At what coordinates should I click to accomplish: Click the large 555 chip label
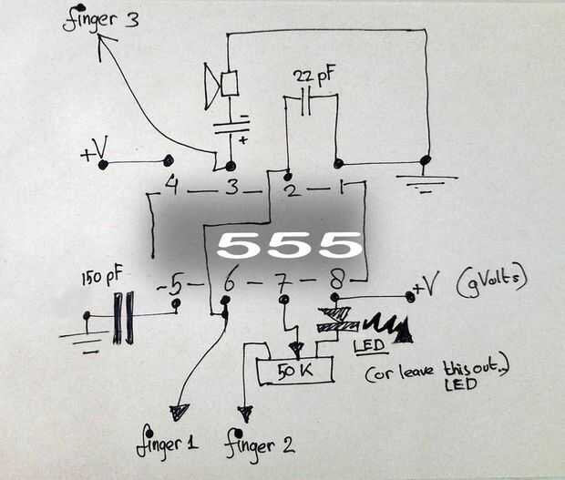pos(289,244)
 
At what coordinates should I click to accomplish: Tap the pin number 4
pos(171,188)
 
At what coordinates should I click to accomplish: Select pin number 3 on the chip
pos(231,189)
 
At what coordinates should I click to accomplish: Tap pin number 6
pos(229,283)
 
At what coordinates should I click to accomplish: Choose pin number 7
pos(282,282)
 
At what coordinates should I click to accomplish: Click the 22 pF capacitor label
pos(313,76)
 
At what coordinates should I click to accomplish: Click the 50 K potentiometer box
pos(294,371)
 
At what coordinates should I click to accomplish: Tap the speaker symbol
pos(222,85)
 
